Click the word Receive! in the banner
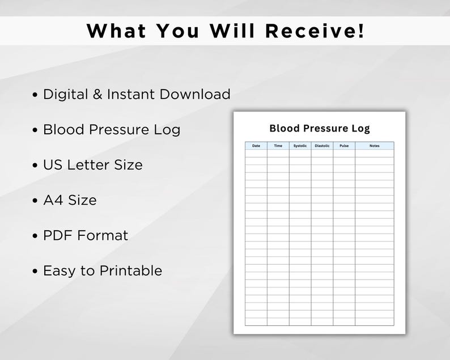click(315, 31)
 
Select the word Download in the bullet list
click(195, 94)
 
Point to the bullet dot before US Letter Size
click(36, 166)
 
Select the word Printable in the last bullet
click(131, 270)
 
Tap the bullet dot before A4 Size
click(36, 201)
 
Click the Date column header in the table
click(256, 146)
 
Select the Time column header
click(278, 146)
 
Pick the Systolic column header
click(300, 146)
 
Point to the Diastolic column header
click(322, 146)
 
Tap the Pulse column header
click(344, 146)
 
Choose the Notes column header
click(374, 146)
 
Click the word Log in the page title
click(360, 129)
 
